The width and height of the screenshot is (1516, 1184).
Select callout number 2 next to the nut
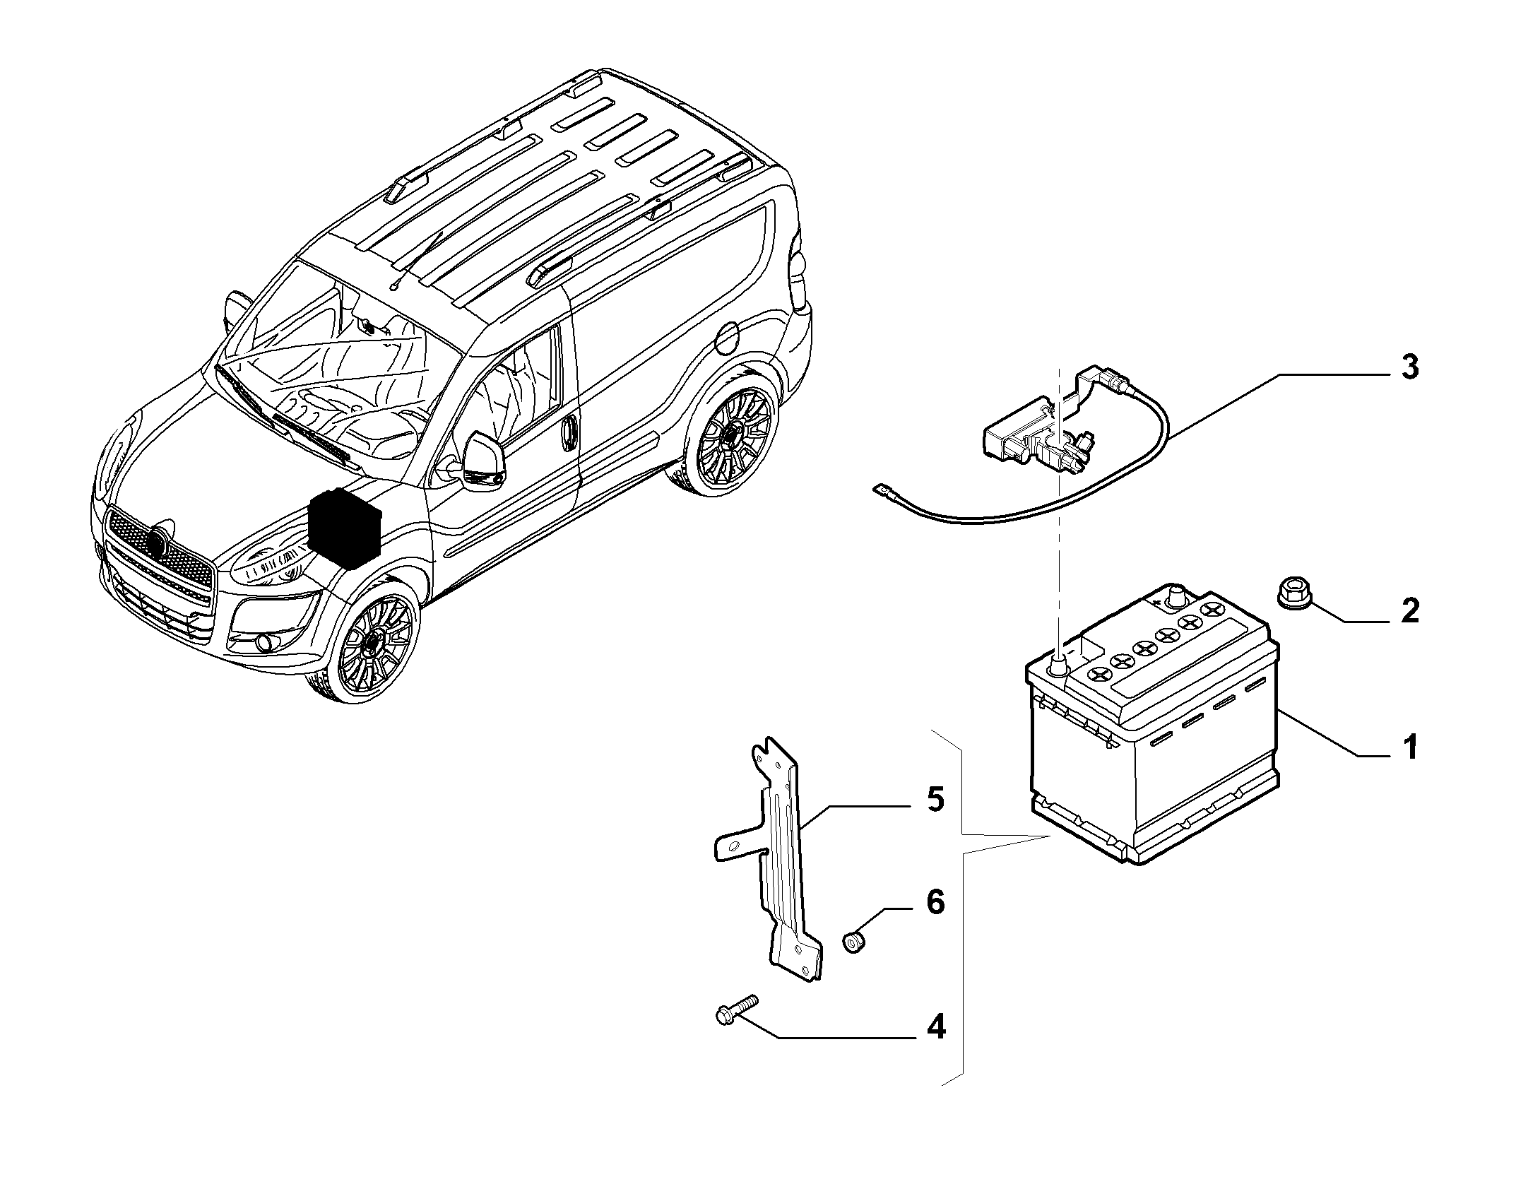coord(1409,611)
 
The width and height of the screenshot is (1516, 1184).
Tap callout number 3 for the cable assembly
coord(1409,367)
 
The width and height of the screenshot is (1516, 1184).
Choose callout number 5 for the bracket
coord(935,800)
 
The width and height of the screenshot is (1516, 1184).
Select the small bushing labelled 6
coord(855,941)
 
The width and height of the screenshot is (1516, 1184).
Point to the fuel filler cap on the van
coord(727,338)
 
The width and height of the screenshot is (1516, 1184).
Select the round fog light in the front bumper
coord(265,642)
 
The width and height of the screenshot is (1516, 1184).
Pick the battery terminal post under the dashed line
coord(1058,664)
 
